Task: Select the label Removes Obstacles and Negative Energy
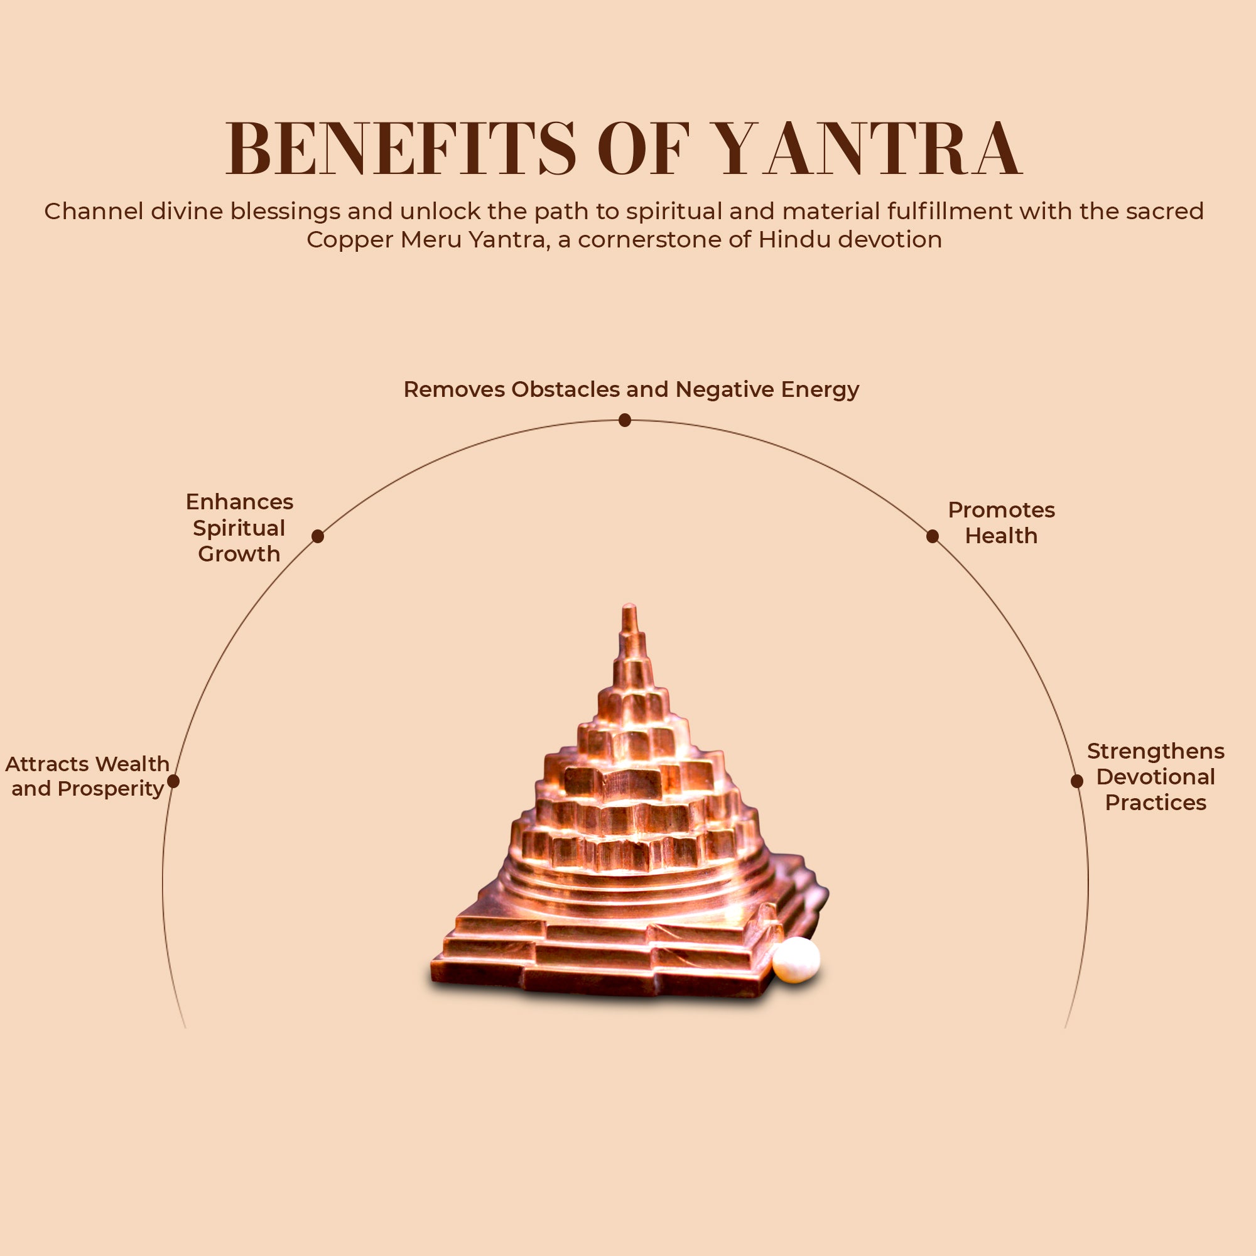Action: [631, 389]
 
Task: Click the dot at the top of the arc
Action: [625, 421]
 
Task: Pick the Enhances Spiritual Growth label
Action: [239, 528]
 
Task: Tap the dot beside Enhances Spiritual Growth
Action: [317, 536]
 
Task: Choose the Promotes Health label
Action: [1001, 522]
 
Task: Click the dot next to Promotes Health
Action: [932, 536]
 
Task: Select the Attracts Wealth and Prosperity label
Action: [87, 776]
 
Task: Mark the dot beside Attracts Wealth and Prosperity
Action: [173, 781]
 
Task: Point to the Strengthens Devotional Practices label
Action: [1156, 776]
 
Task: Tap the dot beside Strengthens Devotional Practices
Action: [1076, 781]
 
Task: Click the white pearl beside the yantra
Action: [796, 959]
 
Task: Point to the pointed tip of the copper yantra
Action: [629, 608]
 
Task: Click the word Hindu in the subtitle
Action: [794, 240]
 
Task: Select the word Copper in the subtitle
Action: [349, 240]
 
